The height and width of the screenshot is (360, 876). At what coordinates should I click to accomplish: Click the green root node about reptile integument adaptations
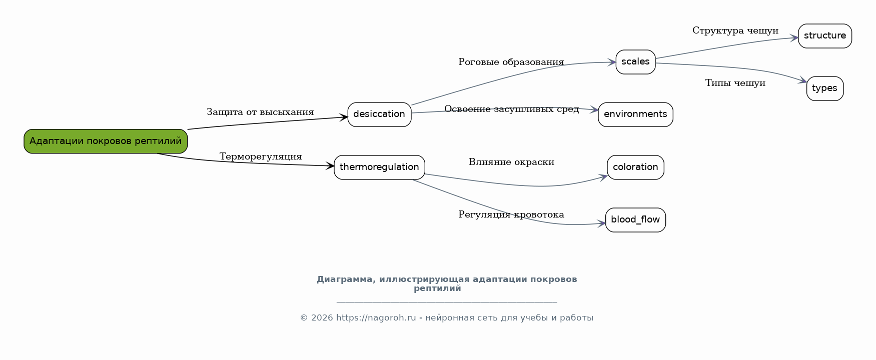click(106, 141)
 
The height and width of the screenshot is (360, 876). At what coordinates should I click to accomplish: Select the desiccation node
click(379, 114)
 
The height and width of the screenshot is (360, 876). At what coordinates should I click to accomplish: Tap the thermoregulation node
click(379, 167)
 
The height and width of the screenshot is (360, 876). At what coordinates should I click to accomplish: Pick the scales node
click(635, 62)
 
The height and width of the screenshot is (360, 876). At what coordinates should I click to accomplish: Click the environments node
click(635, 114)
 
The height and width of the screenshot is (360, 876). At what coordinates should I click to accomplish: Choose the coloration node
click(635, 167)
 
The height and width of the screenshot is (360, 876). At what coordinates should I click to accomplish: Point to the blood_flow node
click(635, 220)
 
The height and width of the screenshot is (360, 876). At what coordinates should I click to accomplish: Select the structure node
click(825, 36)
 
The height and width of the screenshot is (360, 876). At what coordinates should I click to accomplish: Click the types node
click(825, 88)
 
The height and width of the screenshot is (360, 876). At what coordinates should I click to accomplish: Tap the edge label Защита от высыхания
click(260, 112)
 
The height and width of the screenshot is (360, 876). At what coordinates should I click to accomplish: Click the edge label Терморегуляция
click(261, 156)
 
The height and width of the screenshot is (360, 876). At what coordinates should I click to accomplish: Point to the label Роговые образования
click(511, 62)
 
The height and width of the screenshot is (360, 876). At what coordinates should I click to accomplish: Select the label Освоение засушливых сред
click(511, 109)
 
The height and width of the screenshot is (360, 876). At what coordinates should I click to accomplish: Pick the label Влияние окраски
click(511, 162)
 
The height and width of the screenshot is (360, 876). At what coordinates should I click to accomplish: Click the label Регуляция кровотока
click(511, 214)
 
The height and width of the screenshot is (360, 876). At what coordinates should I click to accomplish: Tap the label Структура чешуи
click(735, 30)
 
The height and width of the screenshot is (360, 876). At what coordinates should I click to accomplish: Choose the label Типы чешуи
click(735, 83)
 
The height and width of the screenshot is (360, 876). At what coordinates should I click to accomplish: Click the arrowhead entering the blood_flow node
click(602, 223)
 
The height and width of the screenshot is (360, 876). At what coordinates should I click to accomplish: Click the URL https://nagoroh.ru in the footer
click(376, 318)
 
